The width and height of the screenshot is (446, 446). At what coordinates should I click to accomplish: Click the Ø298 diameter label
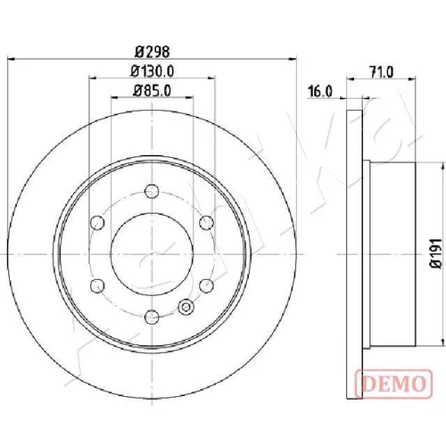click(153, 52)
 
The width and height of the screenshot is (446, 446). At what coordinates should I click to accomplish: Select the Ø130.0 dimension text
click(153, 71)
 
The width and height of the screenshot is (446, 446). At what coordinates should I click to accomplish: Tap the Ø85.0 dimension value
click(153, 91)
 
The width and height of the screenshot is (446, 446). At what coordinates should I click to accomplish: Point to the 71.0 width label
click(381, 72)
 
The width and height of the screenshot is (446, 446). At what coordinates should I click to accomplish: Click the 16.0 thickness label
click(319, 91)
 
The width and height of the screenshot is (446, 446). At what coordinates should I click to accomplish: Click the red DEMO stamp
click(393, 384)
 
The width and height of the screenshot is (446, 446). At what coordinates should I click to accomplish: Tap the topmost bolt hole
click(152, 191)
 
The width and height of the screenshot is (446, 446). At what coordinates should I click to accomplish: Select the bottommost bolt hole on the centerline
click(152, 317)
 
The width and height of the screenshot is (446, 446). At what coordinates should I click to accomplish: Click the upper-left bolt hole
click(97, 223)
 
